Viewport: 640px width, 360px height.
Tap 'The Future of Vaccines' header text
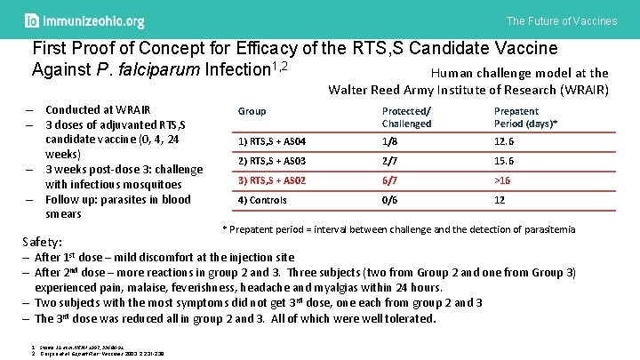[561, 20]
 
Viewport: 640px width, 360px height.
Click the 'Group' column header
[252, 111]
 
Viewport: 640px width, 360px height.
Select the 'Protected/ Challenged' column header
[406, 117]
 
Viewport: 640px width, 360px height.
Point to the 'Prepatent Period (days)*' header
[525, 117]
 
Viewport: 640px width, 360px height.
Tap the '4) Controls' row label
[263, 200]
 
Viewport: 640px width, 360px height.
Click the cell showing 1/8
[389, 142]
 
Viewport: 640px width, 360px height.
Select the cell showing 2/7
[389, 161]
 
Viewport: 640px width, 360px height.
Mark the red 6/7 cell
[389, 180]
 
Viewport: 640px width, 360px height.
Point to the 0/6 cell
[389, 200]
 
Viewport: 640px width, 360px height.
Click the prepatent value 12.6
[505, 142]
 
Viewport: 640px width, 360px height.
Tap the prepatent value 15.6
[505, 161]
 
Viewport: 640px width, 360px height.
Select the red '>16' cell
[503, 180]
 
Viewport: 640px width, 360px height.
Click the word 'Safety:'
[43, 242]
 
